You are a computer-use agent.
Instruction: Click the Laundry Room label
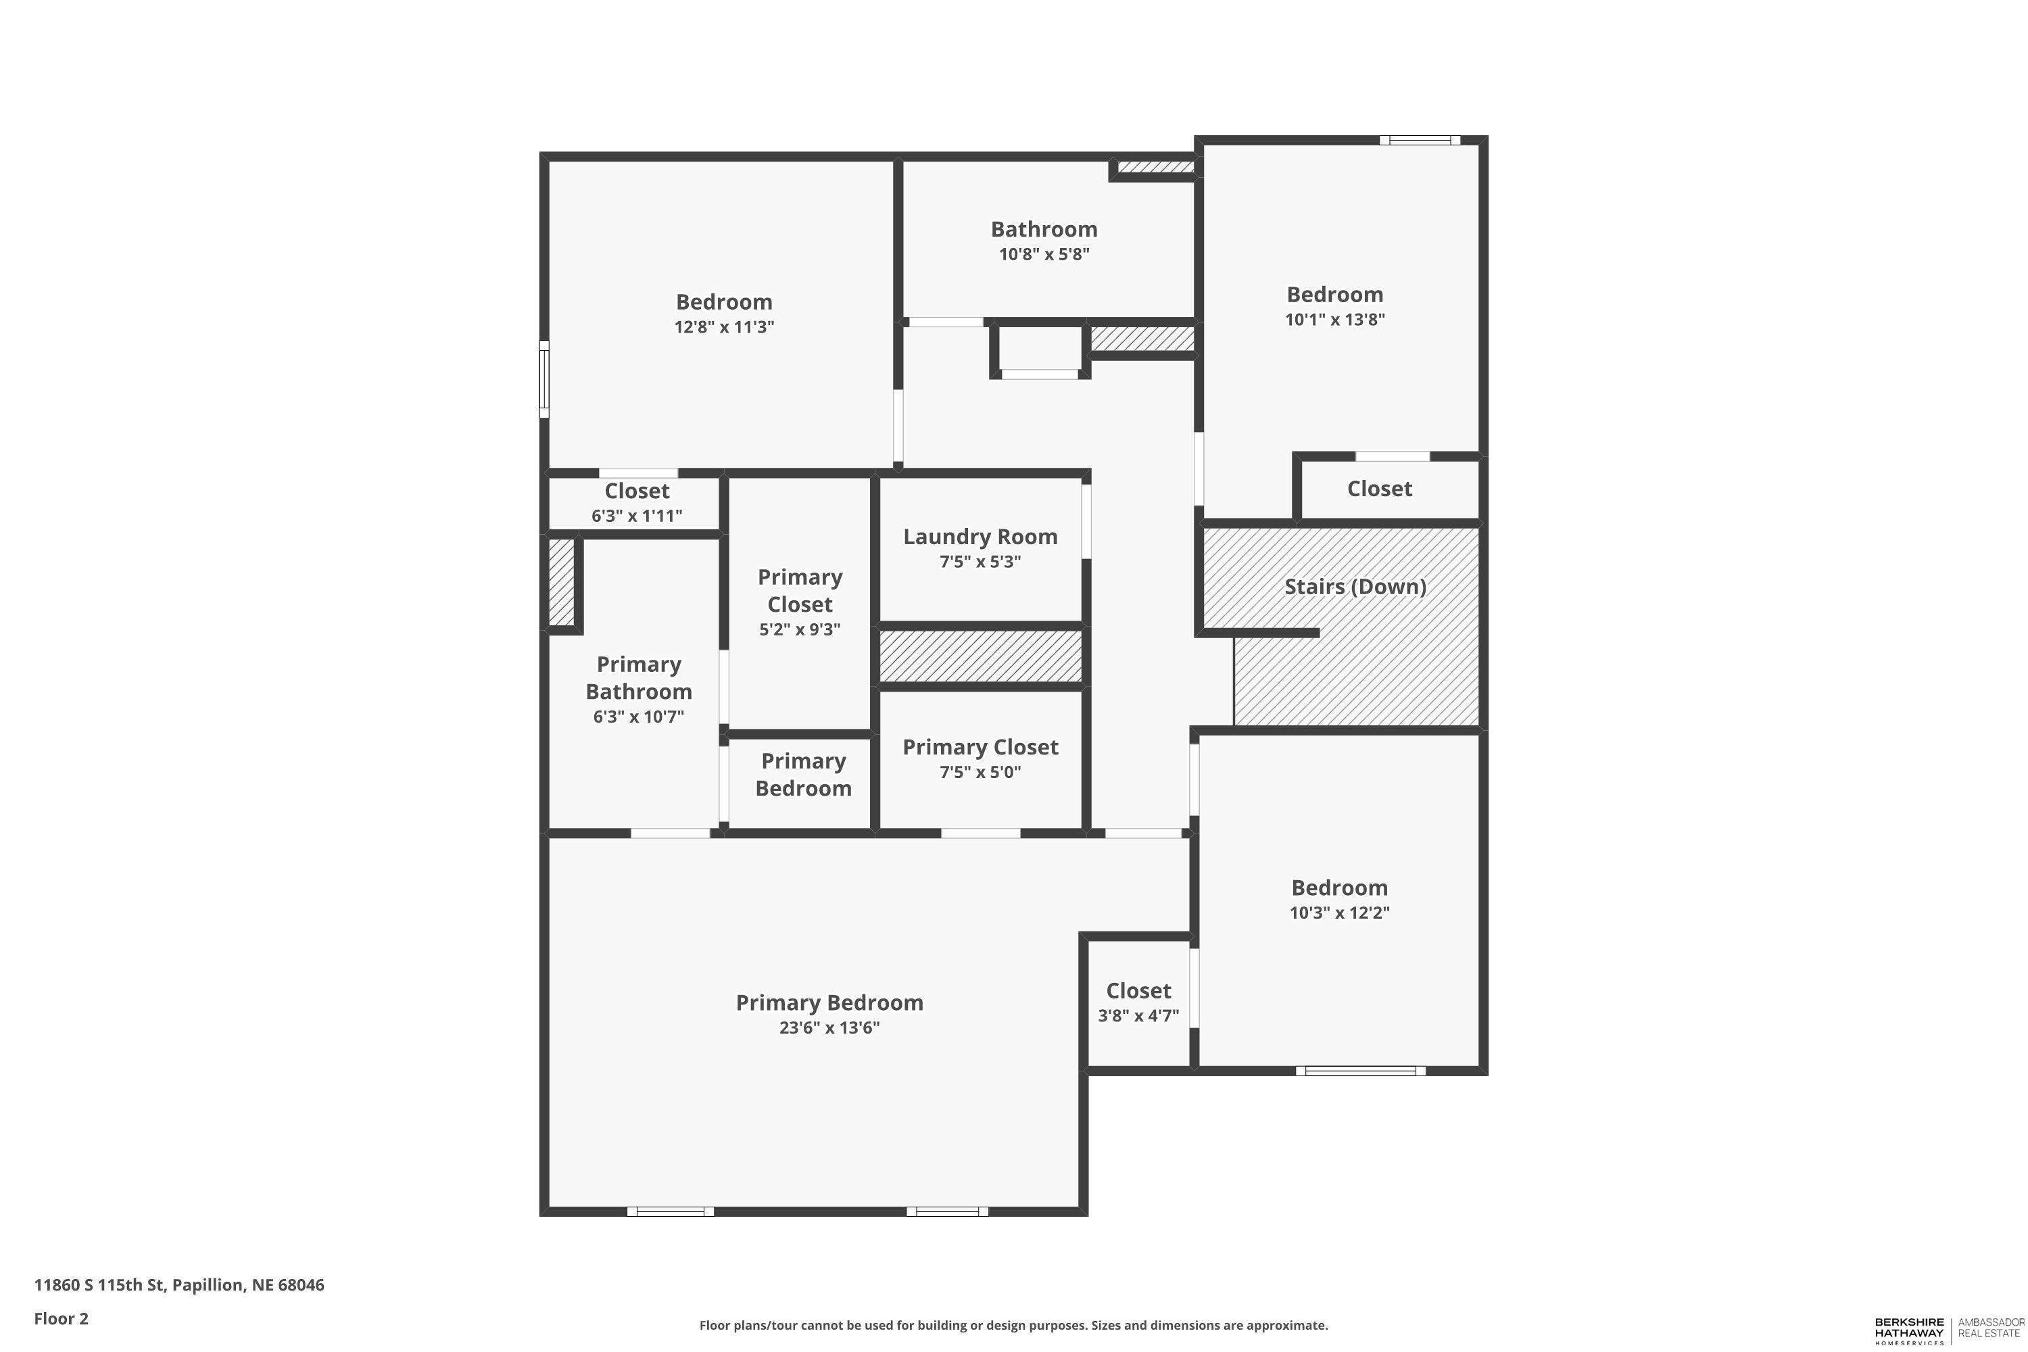point(980,536)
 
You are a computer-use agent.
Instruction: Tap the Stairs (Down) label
point(1355,586)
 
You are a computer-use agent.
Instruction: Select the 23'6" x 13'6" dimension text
point(829,1027)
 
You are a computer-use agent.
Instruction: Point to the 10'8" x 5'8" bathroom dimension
point(1044,254)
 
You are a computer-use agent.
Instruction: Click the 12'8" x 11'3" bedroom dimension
point(724,327)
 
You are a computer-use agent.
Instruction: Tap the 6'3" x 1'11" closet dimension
point(637,516)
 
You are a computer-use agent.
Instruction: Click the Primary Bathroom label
point(639,678)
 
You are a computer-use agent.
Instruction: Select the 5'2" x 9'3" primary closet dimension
point(800,629)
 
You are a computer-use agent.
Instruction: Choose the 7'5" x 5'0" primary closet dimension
point(980,772)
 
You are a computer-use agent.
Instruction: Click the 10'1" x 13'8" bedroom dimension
point(1334,319)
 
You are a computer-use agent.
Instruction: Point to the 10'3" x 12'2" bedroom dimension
point(1340,912)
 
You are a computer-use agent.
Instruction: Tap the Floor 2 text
point(62,1318)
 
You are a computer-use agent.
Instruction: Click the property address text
point(179,1285)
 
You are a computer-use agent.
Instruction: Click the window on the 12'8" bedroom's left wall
point(544,379)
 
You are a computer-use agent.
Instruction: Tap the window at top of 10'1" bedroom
point(1419,140)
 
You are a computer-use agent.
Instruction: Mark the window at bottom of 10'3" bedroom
point(1361,1071)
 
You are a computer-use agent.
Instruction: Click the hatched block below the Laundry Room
point(980,656)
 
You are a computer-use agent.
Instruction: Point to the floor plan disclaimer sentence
point(1014,1325)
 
